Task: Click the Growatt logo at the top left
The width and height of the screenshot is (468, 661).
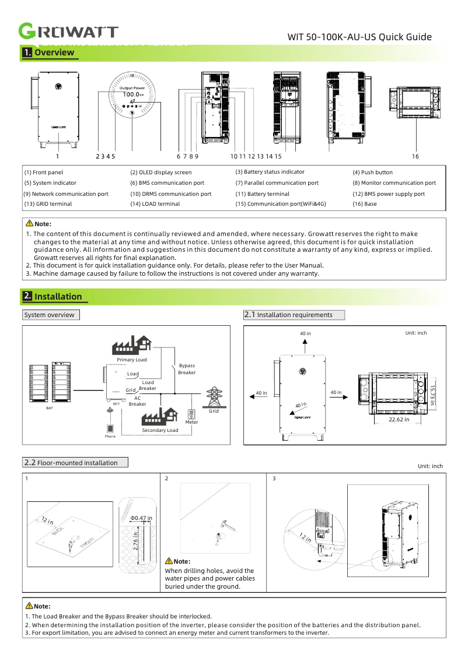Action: click(69, 32)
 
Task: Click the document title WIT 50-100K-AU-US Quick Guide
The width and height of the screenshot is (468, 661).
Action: click(359, 37)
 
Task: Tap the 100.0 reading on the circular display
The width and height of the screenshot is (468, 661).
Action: click(132, 94)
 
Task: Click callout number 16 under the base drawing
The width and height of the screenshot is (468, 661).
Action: click(415, 156)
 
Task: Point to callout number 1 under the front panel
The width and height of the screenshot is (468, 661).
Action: click(58, 156)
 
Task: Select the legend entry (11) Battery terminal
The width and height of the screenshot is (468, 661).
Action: click(262, 194)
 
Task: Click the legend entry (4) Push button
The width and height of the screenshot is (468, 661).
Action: click(372, 173)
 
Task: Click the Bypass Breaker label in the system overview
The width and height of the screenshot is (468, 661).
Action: click(187, 369)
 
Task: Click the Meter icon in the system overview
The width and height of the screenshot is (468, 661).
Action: click(191, 414)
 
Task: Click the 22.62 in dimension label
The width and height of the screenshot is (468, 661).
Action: click(399, 419)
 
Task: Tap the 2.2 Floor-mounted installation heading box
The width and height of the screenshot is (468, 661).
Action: click(75, 463)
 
